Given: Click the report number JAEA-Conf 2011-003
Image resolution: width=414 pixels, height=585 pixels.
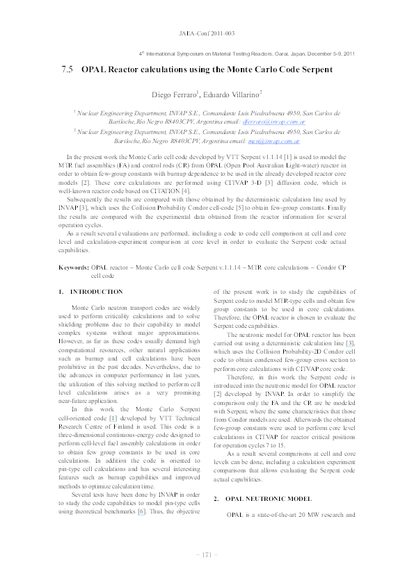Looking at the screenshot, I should pyautogui.click(x=207, y=33).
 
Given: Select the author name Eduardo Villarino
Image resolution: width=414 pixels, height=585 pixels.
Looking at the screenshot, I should pyautogui.click(x=235, y=94).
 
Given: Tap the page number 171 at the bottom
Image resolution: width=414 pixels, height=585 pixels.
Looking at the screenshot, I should pyautogui.click(x=207, y=554).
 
